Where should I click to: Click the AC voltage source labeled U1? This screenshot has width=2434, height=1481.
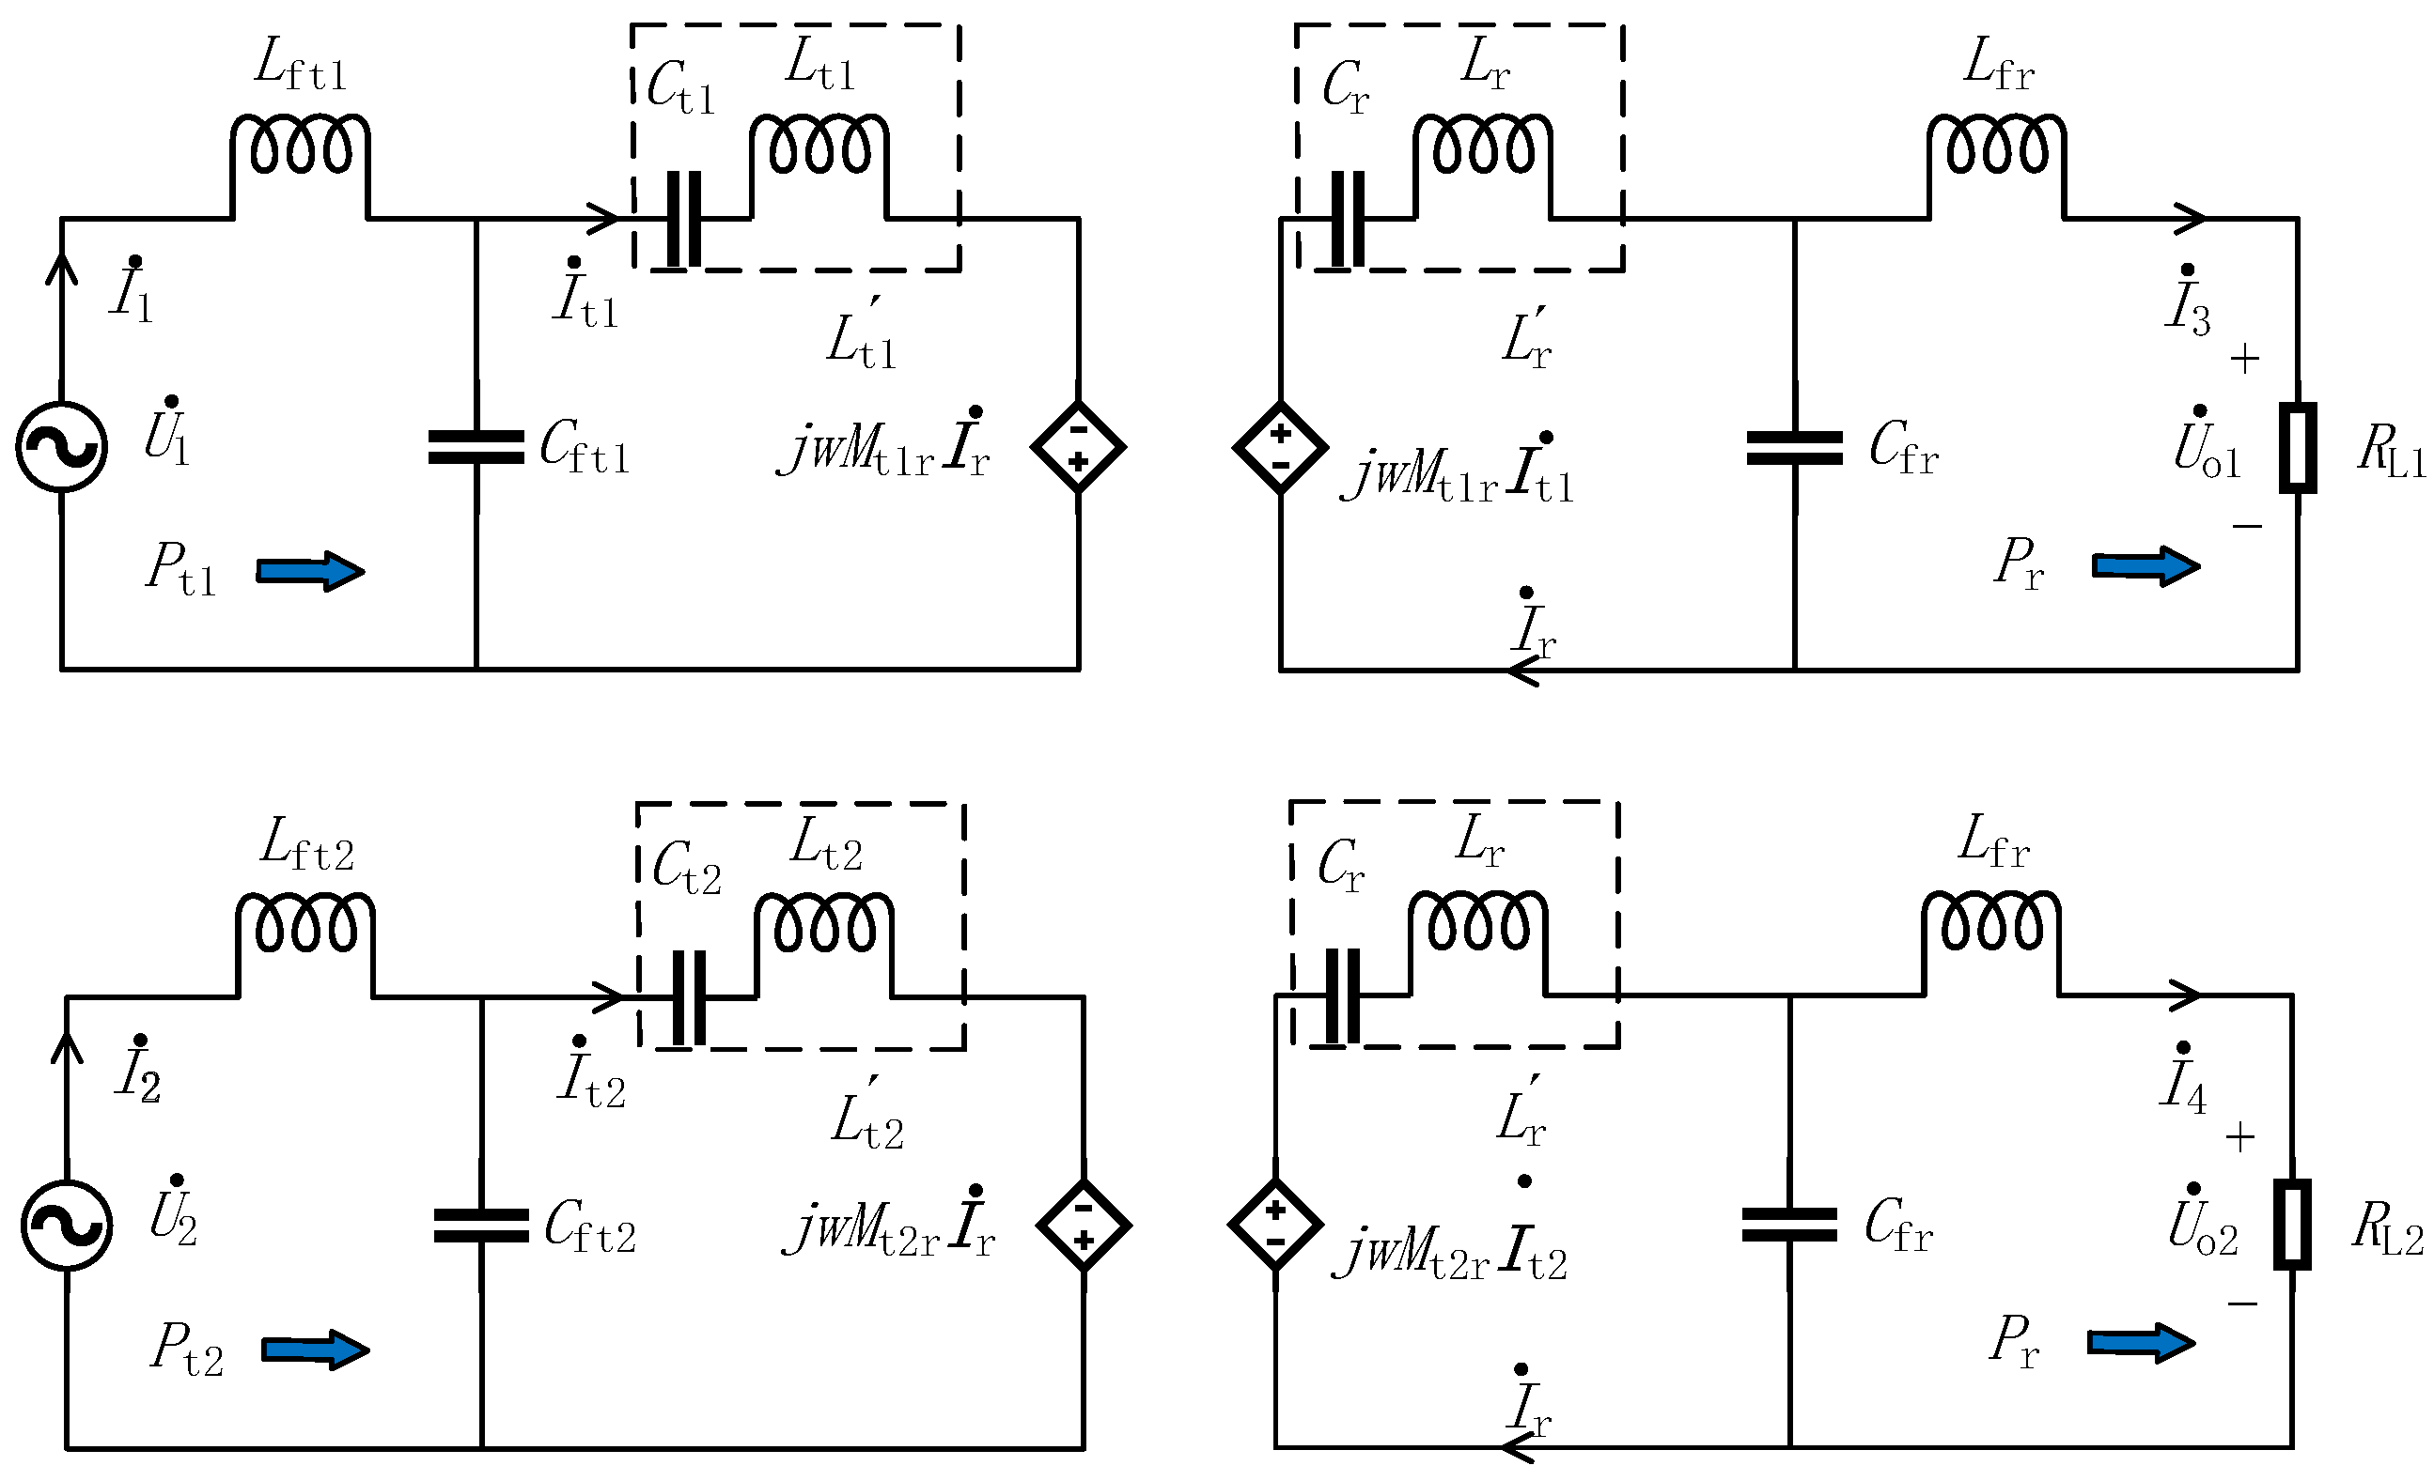click(61, 446)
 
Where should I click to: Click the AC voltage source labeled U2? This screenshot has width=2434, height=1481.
click(66, 1226)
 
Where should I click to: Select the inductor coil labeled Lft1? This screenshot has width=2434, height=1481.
click(301, 148)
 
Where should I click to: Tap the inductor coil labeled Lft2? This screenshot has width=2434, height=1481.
click(305, 926)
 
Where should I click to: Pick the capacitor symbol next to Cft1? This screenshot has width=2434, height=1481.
click(476, 446)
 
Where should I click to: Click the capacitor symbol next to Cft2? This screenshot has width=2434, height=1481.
click(481, 1226)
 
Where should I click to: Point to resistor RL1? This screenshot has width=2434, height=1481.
click(2298, 446)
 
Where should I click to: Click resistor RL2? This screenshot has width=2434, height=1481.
click(2292, 1225)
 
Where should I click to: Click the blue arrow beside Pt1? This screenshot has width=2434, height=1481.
click(310, 571)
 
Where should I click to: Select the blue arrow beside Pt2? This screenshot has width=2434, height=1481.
click(315, 1350)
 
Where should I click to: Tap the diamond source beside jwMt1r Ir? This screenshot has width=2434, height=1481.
click(1078, 446)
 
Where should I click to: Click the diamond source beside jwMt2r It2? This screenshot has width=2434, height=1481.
click(1275, 1225)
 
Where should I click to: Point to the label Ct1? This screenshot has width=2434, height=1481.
click(679, 87)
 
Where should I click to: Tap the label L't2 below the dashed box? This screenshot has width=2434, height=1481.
click(867, 1118)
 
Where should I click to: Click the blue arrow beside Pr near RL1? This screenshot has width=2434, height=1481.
click(2145, 565)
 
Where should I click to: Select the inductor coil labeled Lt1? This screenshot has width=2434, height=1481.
click(819, 148)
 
